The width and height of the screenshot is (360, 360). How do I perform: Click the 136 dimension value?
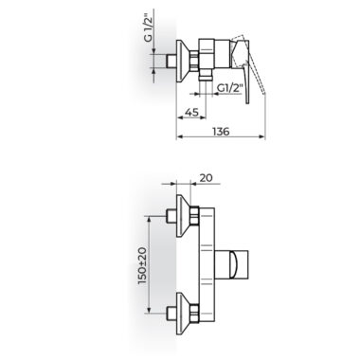(x=221, y=131)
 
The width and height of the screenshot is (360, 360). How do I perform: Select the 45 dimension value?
(x=191, y=112)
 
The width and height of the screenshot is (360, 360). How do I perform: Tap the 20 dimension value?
(x=207, y=178)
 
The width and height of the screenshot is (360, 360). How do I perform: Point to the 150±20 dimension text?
(x=143, y=265)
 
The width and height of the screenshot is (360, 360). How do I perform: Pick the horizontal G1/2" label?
(x=230, y=88)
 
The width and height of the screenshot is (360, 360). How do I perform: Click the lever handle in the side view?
(x=243, y=70)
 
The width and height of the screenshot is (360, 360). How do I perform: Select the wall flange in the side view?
(x=183, y=62)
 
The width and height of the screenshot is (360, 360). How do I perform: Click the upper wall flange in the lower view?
(x=183, y=216)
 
